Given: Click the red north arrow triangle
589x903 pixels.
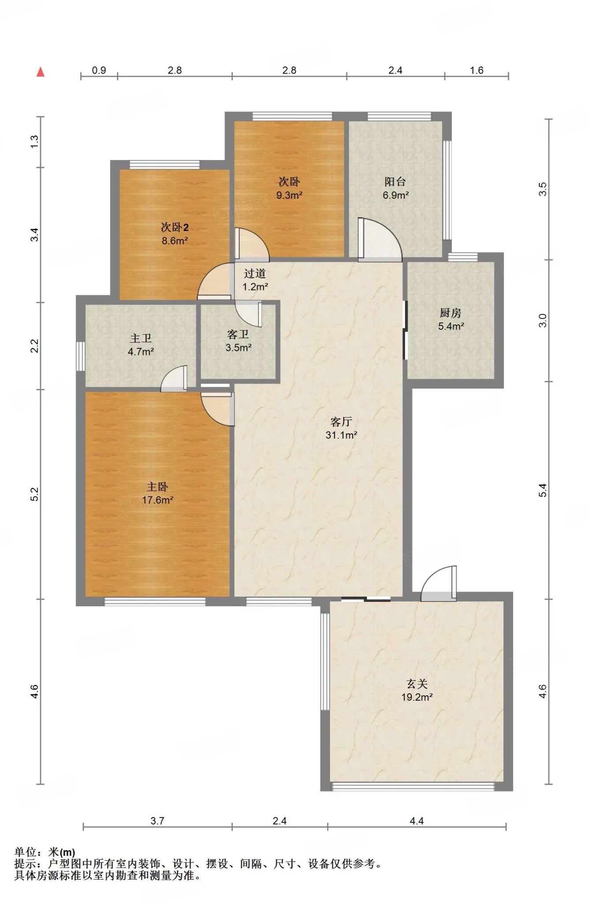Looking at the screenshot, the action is point(41,71).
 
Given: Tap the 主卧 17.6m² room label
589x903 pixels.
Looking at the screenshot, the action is point(158,493).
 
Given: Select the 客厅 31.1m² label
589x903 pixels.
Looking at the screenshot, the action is point(341,428).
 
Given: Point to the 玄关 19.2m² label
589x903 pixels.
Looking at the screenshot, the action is point(417,690).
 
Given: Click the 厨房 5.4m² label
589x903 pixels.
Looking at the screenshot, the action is point(451,319).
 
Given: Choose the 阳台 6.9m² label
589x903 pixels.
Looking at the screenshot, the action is point(395,188).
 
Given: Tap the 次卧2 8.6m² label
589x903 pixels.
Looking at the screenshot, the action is point(175,234).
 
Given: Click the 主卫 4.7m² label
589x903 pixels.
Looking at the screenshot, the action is point(141,345).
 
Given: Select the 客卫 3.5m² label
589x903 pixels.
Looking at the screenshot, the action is point(238,341).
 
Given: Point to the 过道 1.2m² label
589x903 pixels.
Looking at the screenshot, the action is point(255,280).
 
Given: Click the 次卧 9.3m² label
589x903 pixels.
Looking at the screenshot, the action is point(289,188).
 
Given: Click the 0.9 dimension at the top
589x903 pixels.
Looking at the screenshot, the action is point(99,70).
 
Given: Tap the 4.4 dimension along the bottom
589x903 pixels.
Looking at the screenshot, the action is point(417,821).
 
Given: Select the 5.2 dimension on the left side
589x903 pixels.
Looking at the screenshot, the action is point(35,494).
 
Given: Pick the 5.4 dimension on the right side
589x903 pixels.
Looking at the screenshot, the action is point(543,490).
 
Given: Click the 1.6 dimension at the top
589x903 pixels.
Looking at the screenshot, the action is point(477,70).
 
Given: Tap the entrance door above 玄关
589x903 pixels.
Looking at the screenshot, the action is point(439,583).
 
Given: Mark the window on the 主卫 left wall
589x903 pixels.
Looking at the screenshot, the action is point(80,356).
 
